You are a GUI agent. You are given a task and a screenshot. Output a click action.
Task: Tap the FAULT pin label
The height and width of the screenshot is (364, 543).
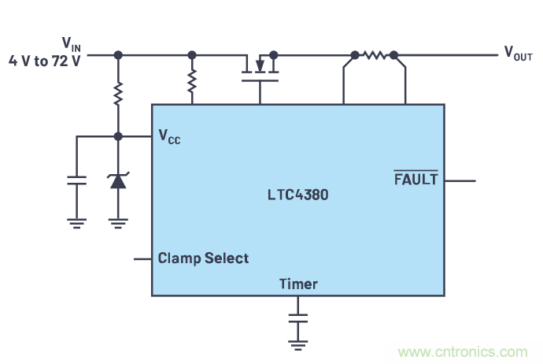416,179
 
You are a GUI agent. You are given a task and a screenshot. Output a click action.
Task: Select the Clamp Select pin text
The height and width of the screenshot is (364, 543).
203,258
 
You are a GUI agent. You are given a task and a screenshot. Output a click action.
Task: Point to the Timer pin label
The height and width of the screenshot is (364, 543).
298,284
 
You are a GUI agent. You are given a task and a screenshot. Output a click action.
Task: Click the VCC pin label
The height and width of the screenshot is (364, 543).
169,136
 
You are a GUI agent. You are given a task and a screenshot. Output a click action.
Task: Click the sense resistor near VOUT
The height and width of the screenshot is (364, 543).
375,55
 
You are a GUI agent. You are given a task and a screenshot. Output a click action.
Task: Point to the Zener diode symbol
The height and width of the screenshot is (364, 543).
118,180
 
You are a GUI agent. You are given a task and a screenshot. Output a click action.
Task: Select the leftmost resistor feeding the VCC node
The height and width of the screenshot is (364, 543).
118,95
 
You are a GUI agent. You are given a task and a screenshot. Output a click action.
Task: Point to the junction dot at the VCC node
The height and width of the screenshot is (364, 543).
118,136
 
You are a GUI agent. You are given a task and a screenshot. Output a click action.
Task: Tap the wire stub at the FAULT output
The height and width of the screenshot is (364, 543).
460,180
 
